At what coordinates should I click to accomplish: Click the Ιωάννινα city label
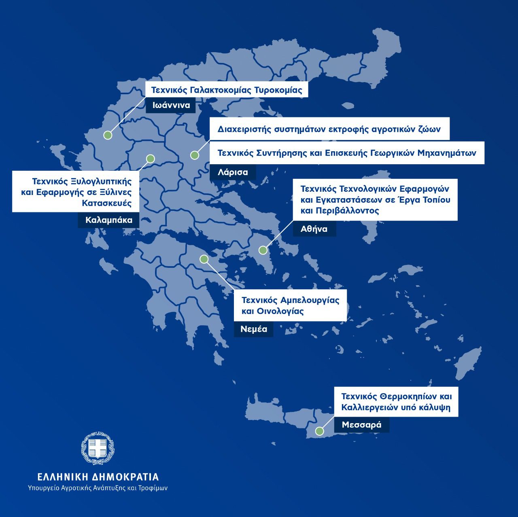point(171,106)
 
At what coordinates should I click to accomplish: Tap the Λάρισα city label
point(233,172)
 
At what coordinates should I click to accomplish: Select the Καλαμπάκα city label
point(109,220)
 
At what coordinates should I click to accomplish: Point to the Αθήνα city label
point(314,229)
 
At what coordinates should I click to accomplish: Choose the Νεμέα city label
point(254,329)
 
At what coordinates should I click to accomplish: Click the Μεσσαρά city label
point(361,425)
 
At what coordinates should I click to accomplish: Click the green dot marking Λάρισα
point(195,155)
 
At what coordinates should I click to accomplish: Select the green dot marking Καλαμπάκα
point(151,159)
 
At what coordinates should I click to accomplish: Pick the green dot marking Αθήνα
point(263,250)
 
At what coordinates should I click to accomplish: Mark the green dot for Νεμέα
point(204,259)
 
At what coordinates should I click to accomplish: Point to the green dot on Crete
point(320,431)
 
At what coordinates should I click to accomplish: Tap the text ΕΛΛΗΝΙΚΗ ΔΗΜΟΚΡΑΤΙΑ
point(98,477)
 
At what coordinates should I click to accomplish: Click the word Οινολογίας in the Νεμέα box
point(279,311)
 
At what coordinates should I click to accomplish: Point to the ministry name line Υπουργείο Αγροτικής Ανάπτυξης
point(98,488)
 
